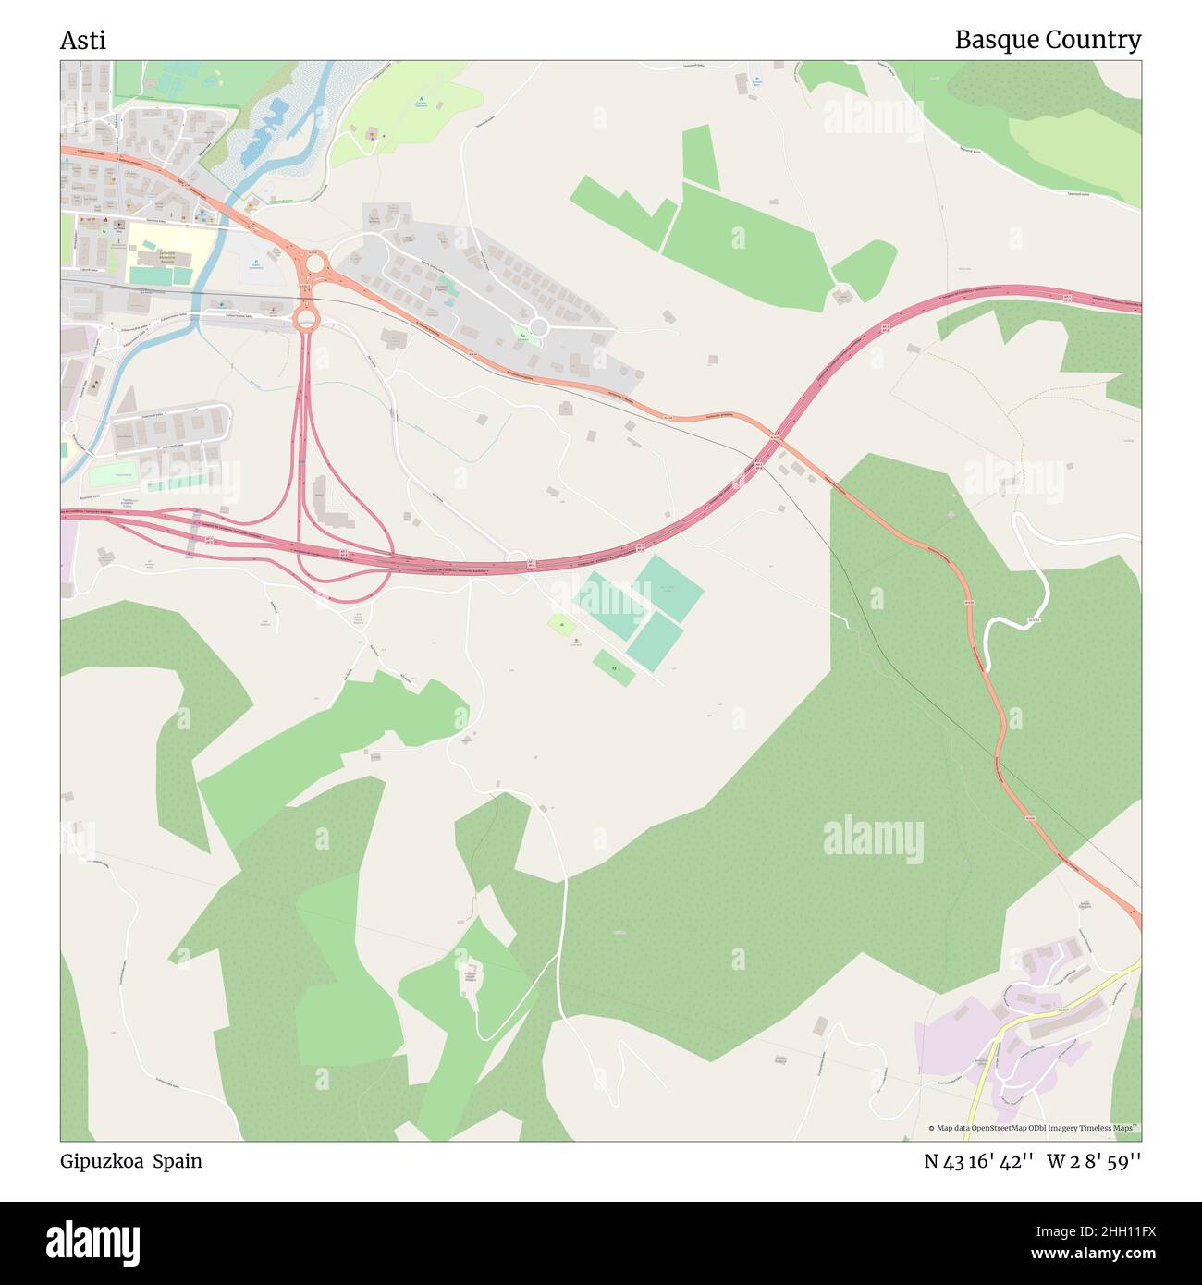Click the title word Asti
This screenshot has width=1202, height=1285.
point(83,41)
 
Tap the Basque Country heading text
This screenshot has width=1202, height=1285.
point(1047,41)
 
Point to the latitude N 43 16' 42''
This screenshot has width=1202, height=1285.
point(978,1162)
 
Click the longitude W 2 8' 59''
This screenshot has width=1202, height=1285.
point(1094,1162)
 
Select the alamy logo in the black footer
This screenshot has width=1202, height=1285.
point(92,1242)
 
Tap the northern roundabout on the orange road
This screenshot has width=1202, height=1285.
point(315,264)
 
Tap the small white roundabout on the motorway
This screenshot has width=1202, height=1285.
point(517,559)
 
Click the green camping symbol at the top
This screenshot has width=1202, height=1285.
point(421,99)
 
